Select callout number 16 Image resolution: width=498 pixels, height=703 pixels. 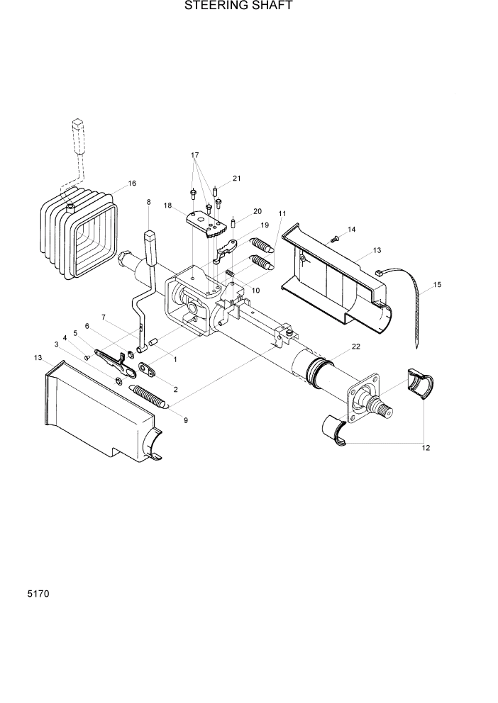click(131, 184)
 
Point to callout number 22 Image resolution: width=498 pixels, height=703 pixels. click(356, 346)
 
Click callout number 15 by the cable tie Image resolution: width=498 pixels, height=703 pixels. click(436, 285)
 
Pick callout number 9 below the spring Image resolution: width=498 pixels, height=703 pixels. click(185, 421)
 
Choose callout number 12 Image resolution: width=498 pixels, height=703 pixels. click(426, 448)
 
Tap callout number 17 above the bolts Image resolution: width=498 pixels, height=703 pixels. click(194, 155)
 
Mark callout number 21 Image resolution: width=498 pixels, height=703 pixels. click(237, 178)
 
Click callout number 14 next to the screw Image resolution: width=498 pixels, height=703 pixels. click(351, 230)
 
